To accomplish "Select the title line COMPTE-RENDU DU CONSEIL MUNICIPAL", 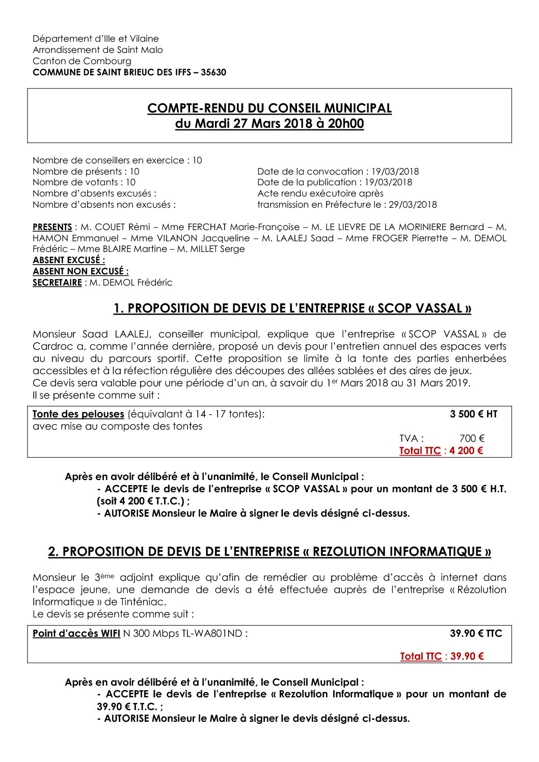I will coord(269,108).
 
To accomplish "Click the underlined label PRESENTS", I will coord(52,227).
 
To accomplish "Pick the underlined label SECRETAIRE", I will coord(57,283).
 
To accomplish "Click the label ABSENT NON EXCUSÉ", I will coord(80,271).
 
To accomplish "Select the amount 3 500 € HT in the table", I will coord(473,414).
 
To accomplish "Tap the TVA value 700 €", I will coord(472,438).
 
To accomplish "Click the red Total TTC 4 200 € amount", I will coord(466,450).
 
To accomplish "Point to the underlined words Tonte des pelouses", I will coord(78,414).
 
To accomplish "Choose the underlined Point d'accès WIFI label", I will coord(76,634).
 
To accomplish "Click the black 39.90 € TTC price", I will coord(476,634).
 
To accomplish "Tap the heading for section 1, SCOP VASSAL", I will coord(292,308).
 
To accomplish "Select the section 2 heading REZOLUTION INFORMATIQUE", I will coord(269,552).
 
